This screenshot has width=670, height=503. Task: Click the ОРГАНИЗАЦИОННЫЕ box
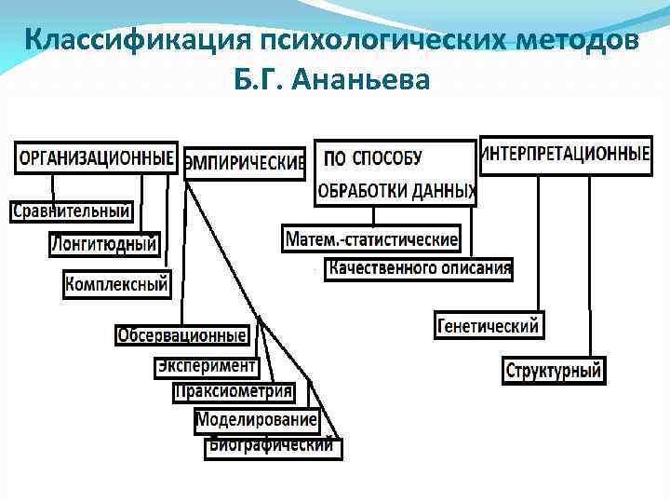coord(96,157)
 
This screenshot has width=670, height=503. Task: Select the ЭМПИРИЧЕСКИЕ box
coord(245,164)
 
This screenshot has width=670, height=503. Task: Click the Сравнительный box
coord(71,211)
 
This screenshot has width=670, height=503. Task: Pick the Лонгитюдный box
coord(104,245)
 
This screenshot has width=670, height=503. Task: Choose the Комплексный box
coord(117,283)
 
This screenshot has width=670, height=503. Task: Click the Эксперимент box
coord(206,366)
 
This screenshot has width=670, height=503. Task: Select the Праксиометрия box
coord(234,392)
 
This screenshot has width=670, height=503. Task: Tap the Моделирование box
coord(257,421)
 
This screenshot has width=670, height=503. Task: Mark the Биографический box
coord(273,446)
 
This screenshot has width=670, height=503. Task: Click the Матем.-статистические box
coord(371,239)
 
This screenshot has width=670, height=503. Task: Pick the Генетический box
coord(488,326)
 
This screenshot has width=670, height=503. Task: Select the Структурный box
coord(554,371)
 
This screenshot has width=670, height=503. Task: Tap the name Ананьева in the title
coord(360,81)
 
